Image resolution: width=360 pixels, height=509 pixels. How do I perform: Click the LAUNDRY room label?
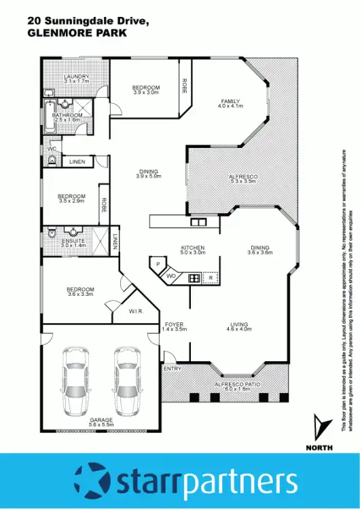75,76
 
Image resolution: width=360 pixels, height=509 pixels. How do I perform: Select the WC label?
52,148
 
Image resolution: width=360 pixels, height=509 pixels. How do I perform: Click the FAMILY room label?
229,102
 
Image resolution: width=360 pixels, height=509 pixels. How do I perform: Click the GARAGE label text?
101,420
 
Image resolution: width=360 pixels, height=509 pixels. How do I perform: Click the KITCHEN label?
192,248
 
